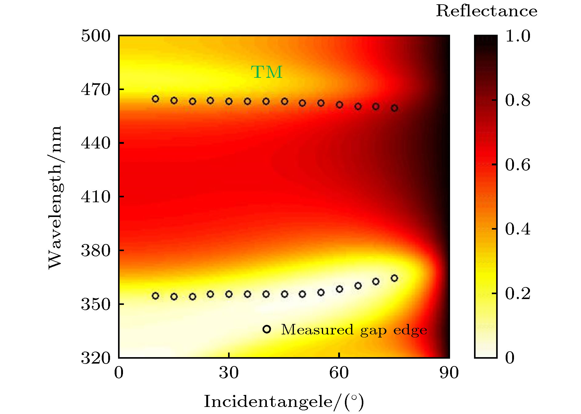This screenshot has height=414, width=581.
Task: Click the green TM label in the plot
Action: coord(267,72)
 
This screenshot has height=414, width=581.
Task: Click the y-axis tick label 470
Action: coord(96,90)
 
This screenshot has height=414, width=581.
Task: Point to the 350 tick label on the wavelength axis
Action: coord(96,304)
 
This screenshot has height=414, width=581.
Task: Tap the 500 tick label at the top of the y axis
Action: coord(96,36)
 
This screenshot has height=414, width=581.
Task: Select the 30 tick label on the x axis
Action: coord(229,373)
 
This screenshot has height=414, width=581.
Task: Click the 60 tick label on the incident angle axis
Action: coord(339,373)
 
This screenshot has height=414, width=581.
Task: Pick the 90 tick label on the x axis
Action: coord(449,373)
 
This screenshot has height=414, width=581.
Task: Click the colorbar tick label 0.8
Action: coord(518,101)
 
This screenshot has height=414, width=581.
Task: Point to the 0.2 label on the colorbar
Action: coord(518,294)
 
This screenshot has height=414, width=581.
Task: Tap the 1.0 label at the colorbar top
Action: coord(518,36)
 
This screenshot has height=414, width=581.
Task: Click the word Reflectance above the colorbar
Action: coord(487,11)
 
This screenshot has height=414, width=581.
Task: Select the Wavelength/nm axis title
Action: coord(55,197)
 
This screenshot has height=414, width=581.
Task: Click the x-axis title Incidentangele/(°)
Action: coord(284,402)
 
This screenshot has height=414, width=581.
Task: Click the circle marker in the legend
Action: coord(267,329)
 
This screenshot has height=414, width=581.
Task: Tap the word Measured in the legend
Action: coord(317,329)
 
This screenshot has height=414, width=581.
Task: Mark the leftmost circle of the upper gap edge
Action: coord(156,99)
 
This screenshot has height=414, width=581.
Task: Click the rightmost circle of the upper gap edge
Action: coord(394,108)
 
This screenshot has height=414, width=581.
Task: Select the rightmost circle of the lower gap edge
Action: coord(394,278)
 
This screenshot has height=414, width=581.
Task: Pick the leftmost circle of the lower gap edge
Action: coord(156,296)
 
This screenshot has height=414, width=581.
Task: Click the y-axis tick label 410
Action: coord(96,197)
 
